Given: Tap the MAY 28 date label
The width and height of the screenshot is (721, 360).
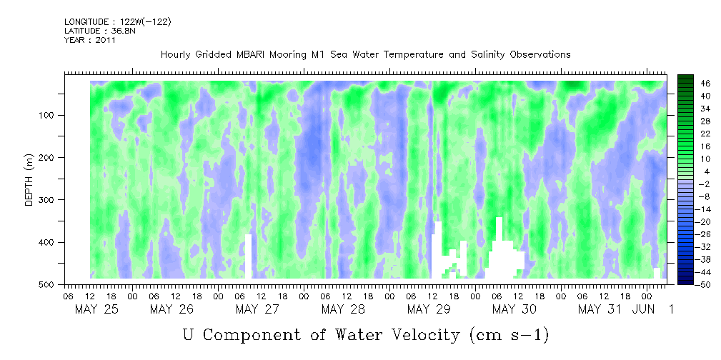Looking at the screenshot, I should (x=342, y=309).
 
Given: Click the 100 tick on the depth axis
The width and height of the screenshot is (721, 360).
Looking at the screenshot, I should (x=55, y=116).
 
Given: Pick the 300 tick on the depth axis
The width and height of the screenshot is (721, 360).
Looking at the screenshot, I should (x=55, y=200).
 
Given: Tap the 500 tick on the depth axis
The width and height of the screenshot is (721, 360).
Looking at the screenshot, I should (x=55, y=285).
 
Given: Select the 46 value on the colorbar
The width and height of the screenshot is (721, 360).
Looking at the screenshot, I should (x=705, y=83).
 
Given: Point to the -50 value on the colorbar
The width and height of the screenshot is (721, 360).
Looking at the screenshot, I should (x=705, y=284).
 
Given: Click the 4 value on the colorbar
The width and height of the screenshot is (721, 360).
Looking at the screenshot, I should (x=705, y=171).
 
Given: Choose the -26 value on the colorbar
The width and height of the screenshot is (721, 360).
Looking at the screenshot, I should (x=705, y=234).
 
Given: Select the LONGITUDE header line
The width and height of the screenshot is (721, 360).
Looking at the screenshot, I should (x=117, y=22).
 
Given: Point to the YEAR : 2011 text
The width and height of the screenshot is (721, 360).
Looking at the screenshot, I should (x=89, y=40).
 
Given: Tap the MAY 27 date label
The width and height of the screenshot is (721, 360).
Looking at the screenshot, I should (x=257, y=309).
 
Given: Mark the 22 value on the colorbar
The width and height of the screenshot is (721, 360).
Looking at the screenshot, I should (x=705, y=133).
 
